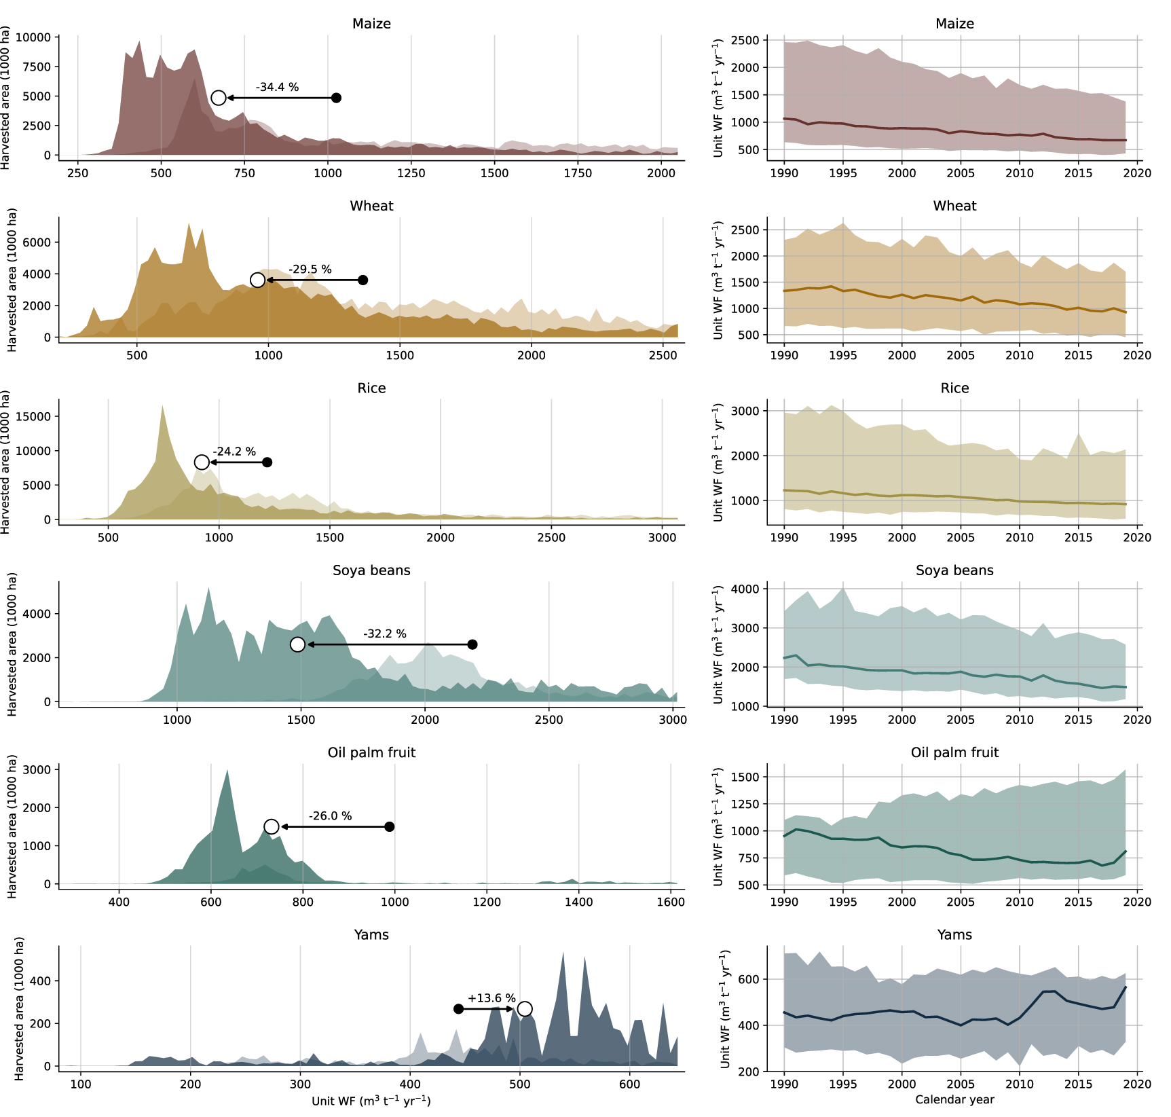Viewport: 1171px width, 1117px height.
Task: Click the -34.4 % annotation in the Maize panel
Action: coord(277,87)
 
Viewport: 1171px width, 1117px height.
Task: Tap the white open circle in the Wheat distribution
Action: coord(257,280)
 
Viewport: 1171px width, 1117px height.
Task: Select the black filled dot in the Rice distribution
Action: coord(267,462)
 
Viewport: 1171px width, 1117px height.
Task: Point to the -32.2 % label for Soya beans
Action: coord(385,634)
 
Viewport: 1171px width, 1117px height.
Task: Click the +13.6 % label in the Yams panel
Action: coord(491,998)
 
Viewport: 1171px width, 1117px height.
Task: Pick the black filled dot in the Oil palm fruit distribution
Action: coord(390,826)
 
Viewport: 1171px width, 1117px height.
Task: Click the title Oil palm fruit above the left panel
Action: coord(371,752)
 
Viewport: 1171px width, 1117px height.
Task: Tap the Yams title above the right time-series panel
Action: coord(954,935)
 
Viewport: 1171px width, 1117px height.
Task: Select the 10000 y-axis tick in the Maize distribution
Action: coord(33,37)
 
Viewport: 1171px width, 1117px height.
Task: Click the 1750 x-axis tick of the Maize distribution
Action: coord(578,173)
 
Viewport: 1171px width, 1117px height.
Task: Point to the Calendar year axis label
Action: coord(954,1099)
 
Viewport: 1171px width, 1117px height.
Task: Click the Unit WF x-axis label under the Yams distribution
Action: coord(371,1101)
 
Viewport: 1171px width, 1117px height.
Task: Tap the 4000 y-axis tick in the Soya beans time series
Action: coord(745,589)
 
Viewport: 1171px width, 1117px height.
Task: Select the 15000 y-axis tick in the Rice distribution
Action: coord(33,416)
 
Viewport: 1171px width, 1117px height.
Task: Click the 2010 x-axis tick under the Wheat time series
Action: coord(1019,355)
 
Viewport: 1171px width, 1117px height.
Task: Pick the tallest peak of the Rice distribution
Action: coord(162,407)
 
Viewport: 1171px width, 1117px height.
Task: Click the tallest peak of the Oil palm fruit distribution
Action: coord(227,771)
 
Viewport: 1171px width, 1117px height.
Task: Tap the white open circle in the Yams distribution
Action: coord(525,1009)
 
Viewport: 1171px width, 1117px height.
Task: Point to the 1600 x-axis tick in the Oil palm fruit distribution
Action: coord(671,902)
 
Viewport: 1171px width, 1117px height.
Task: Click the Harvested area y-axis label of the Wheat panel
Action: coord(12,280)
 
